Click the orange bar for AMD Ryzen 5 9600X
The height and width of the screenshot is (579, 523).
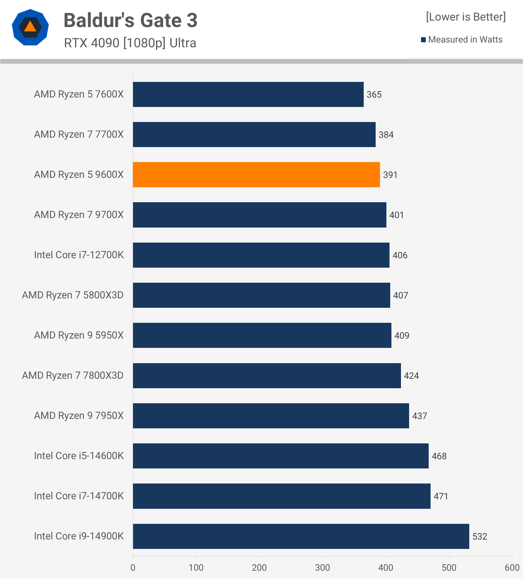[256, 175]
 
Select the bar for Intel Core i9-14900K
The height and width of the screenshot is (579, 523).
[301, 536]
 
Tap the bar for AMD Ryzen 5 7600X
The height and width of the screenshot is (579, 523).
[248, 94]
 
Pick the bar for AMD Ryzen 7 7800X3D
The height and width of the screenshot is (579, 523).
[267, 375]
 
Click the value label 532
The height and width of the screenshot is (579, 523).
[480, 537]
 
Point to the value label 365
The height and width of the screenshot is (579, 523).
[374, 95]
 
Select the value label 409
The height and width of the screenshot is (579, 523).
[401, 335]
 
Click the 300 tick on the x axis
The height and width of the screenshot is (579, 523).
[322, 568]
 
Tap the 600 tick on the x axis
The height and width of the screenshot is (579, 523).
[512, 568]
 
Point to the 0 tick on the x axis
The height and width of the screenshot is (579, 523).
[133, 568]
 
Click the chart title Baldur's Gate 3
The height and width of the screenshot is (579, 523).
[130, 20]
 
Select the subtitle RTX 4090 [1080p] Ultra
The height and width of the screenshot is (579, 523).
[130, 43]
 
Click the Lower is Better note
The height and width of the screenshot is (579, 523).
[465, 17]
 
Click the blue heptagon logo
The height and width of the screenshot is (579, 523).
[30, 27]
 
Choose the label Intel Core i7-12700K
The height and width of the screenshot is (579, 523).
[79, 255]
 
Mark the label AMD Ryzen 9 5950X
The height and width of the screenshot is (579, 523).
[79, 335]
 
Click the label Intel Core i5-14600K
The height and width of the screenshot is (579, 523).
[79, 456]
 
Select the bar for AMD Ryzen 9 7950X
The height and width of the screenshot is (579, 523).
[271, 416]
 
